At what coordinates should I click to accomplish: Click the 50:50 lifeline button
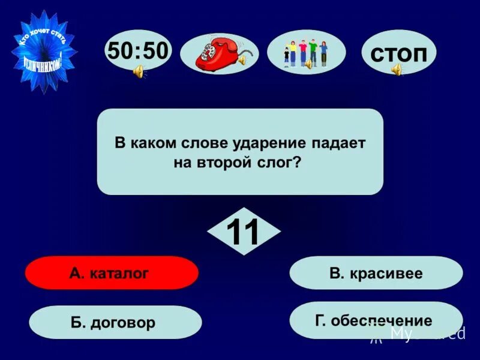tap(137, 50)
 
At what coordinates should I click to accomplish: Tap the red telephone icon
tap(215, 53)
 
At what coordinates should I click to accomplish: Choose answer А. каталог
tap(112, 274)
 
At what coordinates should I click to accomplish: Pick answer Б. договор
tap(115, 323)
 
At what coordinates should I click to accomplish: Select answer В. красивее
tap(376, 274)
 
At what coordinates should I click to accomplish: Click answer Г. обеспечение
tap(376, 321)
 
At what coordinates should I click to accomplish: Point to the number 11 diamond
tap(243, 232)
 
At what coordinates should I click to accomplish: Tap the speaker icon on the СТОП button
tap(397, 70)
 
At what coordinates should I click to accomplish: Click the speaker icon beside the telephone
tap(242, 60)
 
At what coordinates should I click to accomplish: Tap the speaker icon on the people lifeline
tap(308, 64)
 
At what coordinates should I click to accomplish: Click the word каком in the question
tap(148, 143)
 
